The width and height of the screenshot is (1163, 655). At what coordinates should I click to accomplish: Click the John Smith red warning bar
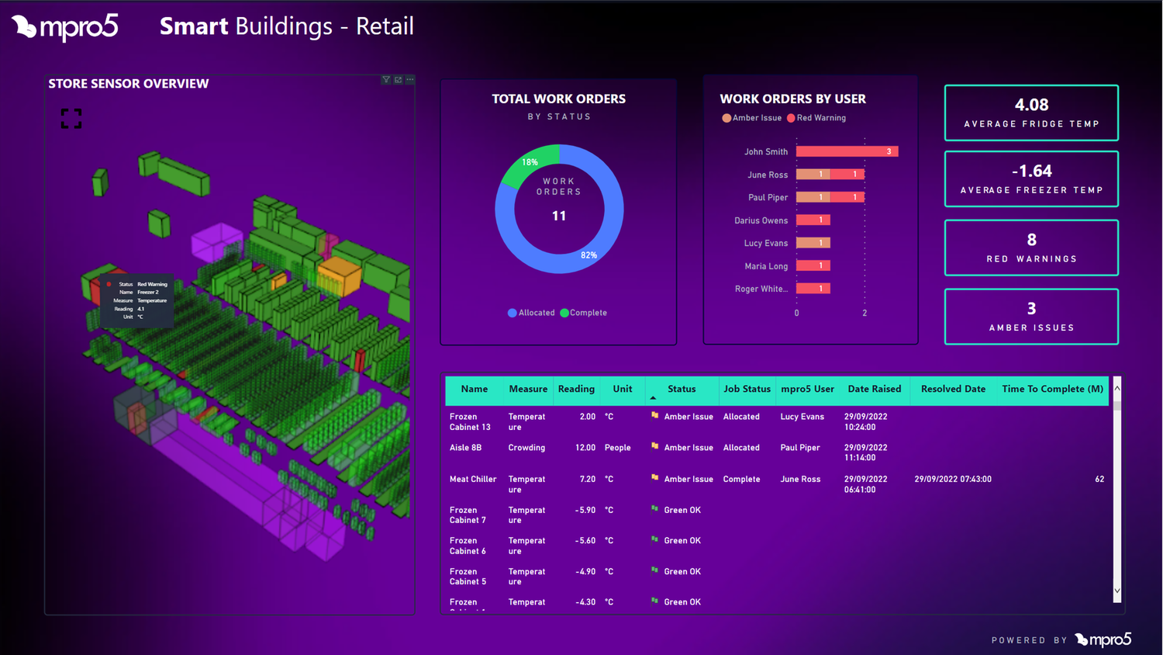point(847,151)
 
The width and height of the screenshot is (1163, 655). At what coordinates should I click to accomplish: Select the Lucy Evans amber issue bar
point(813,243)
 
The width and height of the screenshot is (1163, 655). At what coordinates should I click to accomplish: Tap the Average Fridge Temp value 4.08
point(1031,105)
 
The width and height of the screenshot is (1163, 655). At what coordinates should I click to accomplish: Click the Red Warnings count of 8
point(1031,240)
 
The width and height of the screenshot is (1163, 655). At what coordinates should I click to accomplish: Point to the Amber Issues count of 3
point(1031,309)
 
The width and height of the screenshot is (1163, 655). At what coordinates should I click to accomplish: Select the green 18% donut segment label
point(530,162)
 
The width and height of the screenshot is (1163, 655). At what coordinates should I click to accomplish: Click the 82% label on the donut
point(588,255)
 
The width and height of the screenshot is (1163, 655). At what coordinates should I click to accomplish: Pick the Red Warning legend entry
point(816,118)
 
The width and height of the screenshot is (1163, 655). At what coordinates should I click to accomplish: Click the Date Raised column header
point(874,389)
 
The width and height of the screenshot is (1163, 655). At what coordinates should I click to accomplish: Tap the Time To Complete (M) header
point(1052,389)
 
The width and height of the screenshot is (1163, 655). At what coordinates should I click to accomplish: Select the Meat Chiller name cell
point(472,480)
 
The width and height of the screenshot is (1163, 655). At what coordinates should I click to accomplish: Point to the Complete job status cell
point(741,480)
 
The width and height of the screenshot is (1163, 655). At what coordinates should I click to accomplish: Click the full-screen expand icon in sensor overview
point(71,119)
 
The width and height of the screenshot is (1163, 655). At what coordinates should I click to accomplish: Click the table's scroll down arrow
point(1117,591)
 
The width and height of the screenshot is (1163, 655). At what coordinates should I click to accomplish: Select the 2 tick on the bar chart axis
point(864,313)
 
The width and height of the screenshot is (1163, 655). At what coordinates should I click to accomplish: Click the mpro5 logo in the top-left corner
point(65,27)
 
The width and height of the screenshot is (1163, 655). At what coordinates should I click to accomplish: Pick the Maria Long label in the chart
point(765,266)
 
